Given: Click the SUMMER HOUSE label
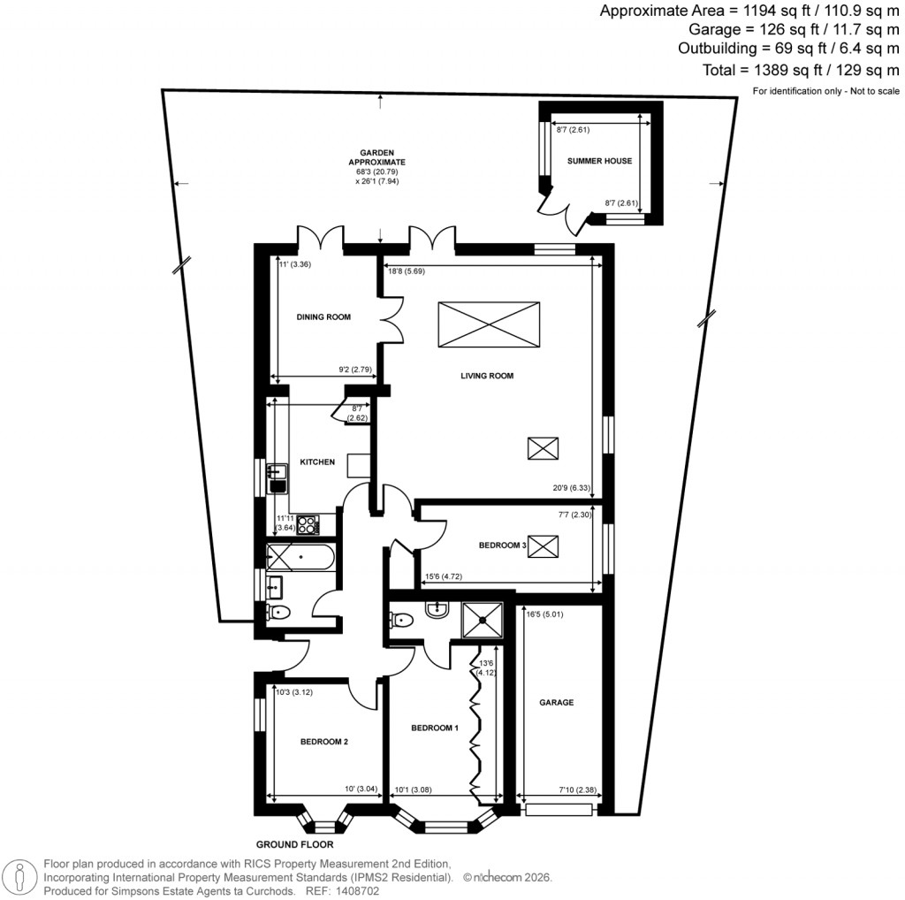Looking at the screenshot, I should pos(599,161).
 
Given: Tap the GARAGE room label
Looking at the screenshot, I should pos(557,703).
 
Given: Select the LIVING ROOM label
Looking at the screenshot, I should pos(486,376).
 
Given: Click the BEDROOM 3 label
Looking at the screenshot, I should pos(502,545).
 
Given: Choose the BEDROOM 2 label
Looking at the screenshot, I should pos(323,742).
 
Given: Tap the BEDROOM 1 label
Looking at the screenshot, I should pos(434,728).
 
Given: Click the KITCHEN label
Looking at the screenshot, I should pos(317,461).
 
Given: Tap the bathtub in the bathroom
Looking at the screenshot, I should pos(301,558).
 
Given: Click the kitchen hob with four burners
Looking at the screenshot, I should pos(308,525).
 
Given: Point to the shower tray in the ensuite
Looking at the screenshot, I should pos(481,619).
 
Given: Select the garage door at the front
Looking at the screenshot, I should pos(559,809).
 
